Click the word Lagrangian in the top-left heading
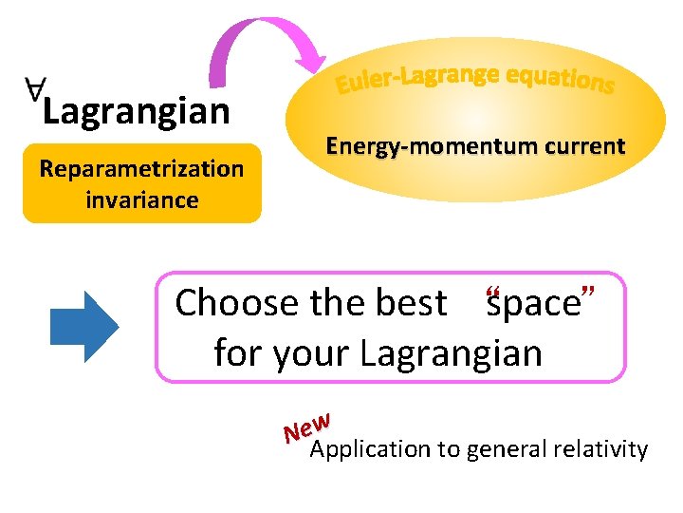pos(136,112)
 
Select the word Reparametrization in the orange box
pos(141,169)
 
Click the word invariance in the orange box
pos(141,200)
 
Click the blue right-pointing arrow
pos(83,326)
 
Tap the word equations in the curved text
pos(561,80)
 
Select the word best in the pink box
pos(412,304)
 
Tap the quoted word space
pos(533,304)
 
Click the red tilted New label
pos(305,427)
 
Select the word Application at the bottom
pos(370,449)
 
